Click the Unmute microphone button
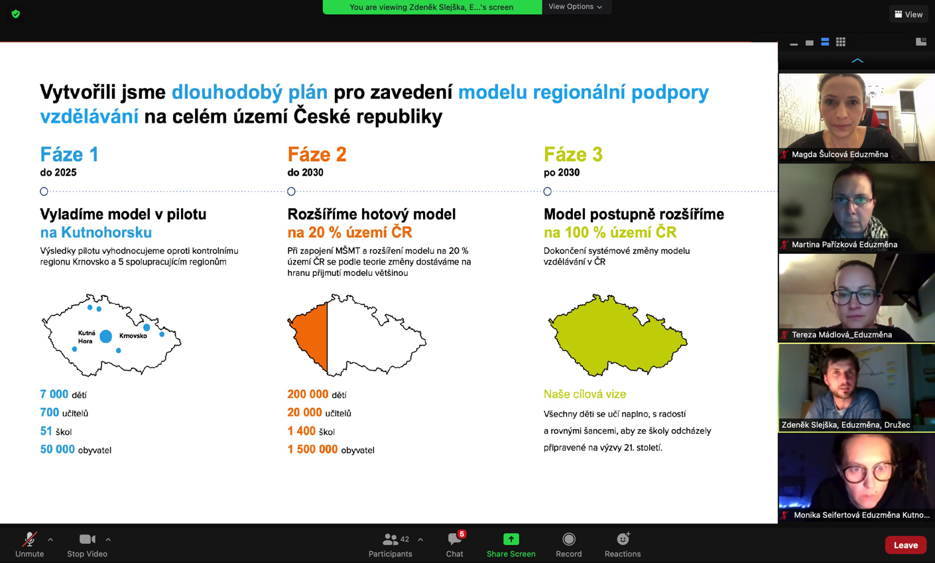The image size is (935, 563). click(x=29, y=539)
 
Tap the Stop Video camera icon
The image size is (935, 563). click(x=88, y=539)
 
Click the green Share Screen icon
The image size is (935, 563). click(x=511, y=539)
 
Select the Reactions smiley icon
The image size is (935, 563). click(x=623, y=538)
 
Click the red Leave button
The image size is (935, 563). click(x=905, y=545)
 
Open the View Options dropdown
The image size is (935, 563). click(x=575, y=7)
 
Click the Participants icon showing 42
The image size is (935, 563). click(x=391, y=539)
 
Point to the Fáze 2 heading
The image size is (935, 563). click(x=317, y=155)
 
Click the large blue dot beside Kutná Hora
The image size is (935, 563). click(x=106, y=336)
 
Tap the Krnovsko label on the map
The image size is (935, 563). click(x=133, y=336)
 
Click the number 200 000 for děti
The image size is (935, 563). click(x=308, y=394)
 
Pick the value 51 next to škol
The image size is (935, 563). click(x=46, y=431)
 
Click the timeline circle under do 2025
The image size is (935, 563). click(x=44, y=192)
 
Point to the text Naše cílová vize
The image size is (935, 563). click(x=585, y=394)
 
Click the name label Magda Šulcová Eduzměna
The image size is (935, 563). click(x=840, y=155)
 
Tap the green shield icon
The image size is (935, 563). click(x=16, y=14)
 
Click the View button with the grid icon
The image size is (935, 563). click(x=908, y=14)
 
